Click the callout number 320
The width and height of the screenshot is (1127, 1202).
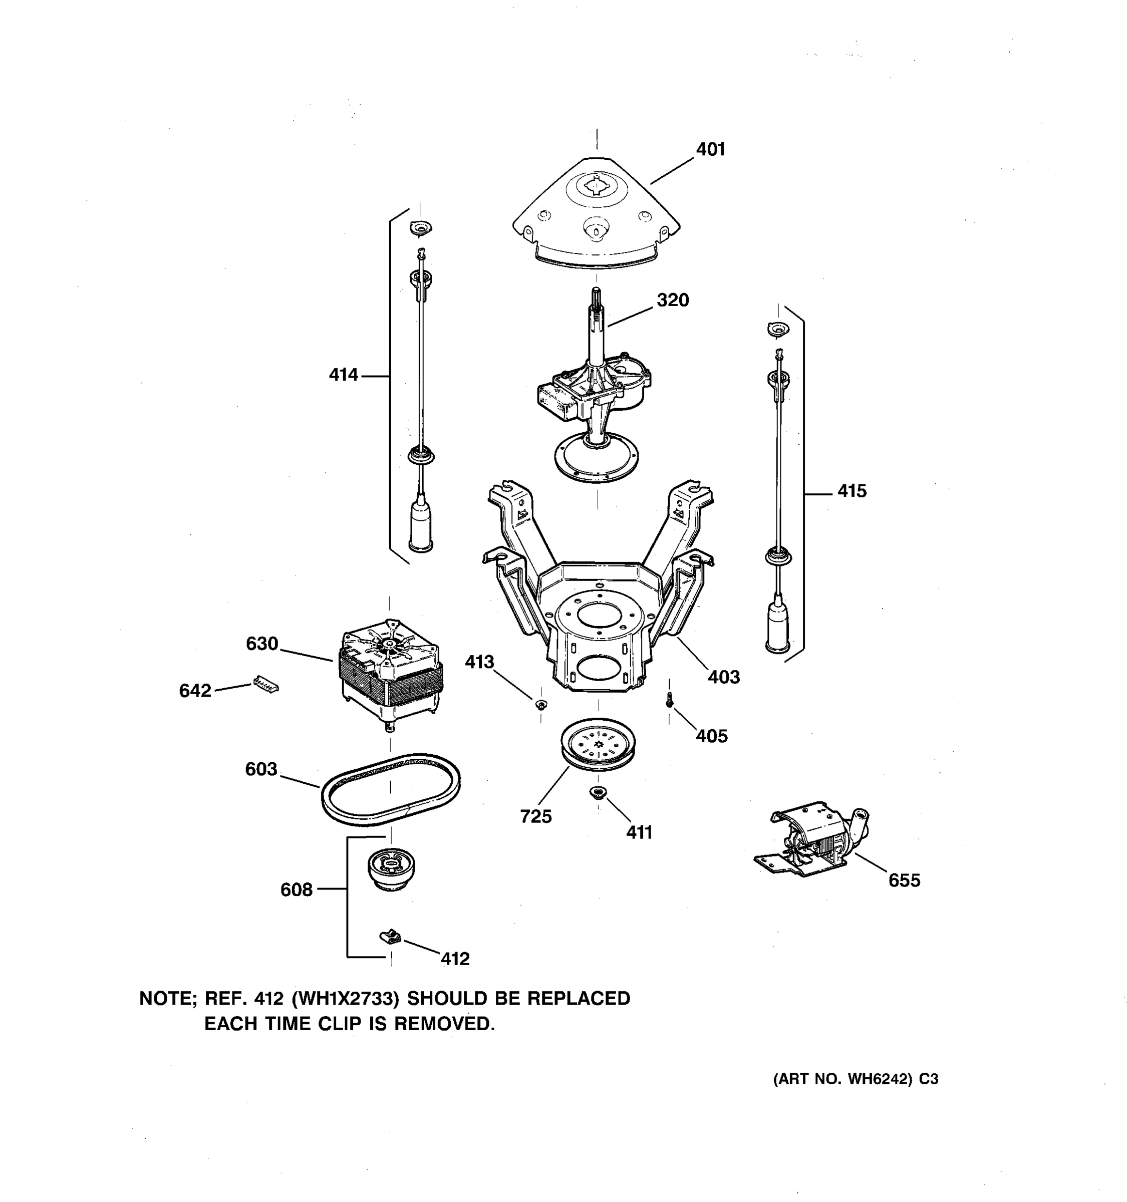coord(672,300)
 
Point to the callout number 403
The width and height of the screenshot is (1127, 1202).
coord(724,677)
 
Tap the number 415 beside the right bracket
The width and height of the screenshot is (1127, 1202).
coord(852,491)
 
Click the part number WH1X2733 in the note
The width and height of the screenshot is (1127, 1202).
coord(345,998)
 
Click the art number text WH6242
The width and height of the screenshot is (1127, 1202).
coord(879,1079)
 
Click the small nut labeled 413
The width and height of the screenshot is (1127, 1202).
coord(540,703)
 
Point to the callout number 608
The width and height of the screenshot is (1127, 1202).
coord(296,889)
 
